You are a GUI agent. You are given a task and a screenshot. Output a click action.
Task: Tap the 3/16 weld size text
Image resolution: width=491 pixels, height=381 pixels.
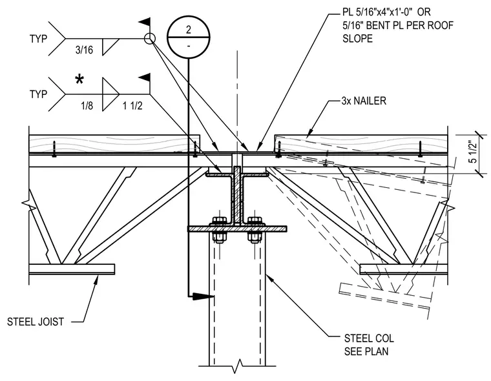[x=84, y=50]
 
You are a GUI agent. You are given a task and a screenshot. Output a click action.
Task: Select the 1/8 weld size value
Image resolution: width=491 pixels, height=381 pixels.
[x=87, y=105]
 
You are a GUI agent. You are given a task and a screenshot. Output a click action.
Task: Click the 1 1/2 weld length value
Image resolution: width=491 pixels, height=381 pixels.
[x=132, y=105]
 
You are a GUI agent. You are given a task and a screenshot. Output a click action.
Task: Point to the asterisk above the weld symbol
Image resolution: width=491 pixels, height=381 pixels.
[x=79, y=79]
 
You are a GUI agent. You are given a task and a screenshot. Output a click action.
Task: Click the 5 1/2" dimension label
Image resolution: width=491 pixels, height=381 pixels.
[x=473, y=152]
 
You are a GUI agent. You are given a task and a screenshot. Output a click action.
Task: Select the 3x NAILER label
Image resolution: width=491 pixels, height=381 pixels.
[x=364, y=101]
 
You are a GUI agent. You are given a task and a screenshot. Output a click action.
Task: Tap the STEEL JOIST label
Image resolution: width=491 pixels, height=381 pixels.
[x=36, y=322]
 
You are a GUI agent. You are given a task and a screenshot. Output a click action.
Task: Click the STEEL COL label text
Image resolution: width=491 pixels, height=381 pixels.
[x=369, y=338]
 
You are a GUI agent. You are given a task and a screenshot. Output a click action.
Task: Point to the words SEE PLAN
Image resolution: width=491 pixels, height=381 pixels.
[x=366, y=351]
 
